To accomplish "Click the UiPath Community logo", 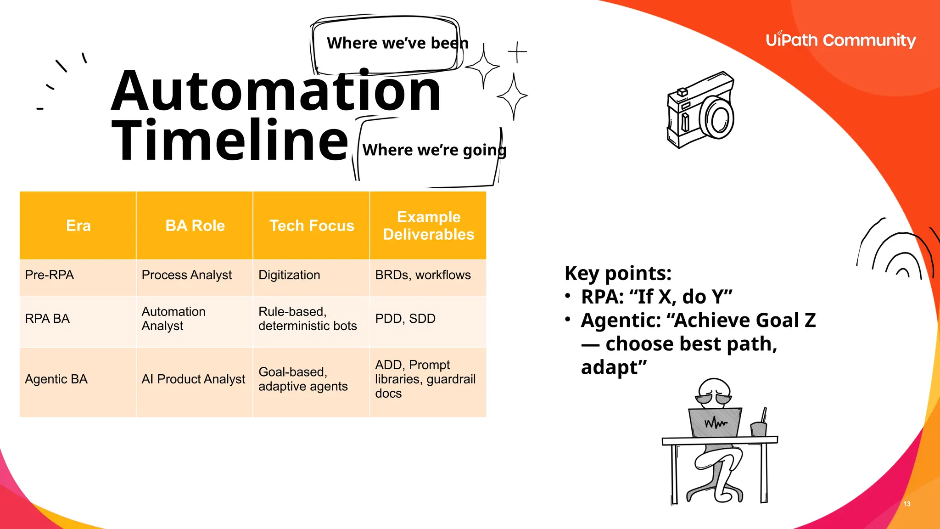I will pos(840,40).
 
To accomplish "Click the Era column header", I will pos(78,225).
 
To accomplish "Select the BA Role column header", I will pos(195,225).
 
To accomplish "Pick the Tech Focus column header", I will pos(312,225).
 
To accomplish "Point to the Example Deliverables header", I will pos(428,225).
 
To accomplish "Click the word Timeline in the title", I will pos(229,140).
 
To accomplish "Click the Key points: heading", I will pos(618,273).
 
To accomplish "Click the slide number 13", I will pos(906,504).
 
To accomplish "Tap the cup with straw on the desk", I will pos(759,427).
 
